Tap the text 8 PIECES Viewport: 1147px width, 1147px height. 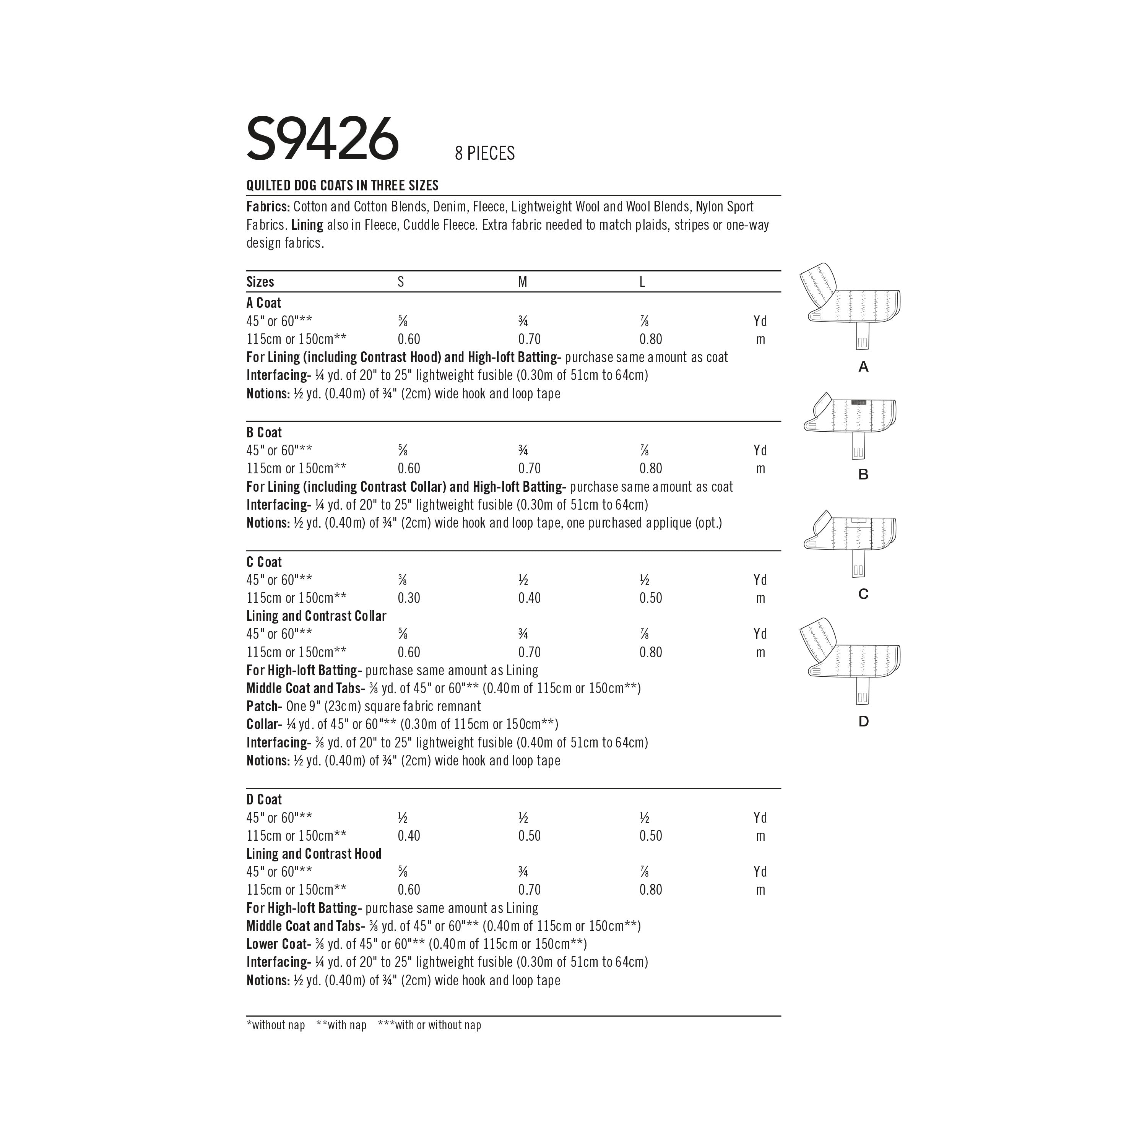[484, 154]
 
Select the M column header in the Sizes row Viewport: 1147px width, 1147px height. [522, 282]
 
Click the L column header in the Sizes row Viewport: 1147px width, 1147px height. [642, 282]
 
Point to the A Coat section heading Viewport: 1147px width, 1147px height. [263, 303]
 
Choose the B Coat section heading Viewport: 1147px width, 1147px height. [263, 432]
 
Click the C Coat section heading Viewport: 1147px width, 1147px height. [263, 562]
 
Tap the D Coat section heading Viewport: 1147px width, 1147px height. [263, 799]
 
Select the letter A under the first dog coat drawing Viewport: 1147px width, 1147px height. [863, 367]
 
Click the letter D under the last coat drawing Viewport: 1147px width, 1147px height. [863, 721]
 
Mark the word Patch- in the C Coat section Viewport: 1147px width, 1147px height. [263, 706]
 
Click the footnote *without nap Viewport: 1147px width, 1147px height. [275, 1025]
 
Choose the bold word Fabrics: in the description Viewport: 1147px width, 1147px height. [268, 206]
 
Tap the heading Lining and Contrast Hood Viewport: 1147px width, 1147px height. [314, 854]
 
